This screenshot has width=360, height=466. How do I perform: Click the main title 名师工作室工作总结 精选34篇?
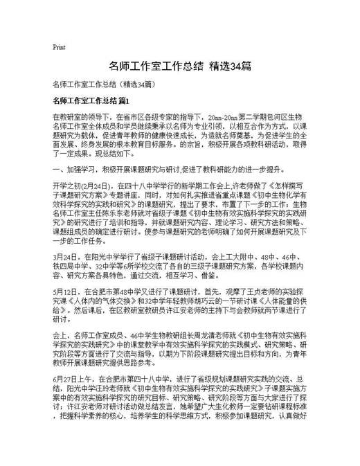179,66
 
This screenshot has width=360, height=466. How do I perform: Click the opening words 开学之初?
66,186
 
